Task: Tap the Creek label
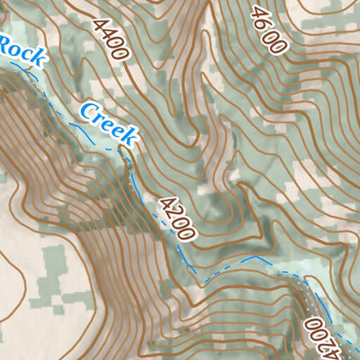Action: [x=108, y=124]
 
